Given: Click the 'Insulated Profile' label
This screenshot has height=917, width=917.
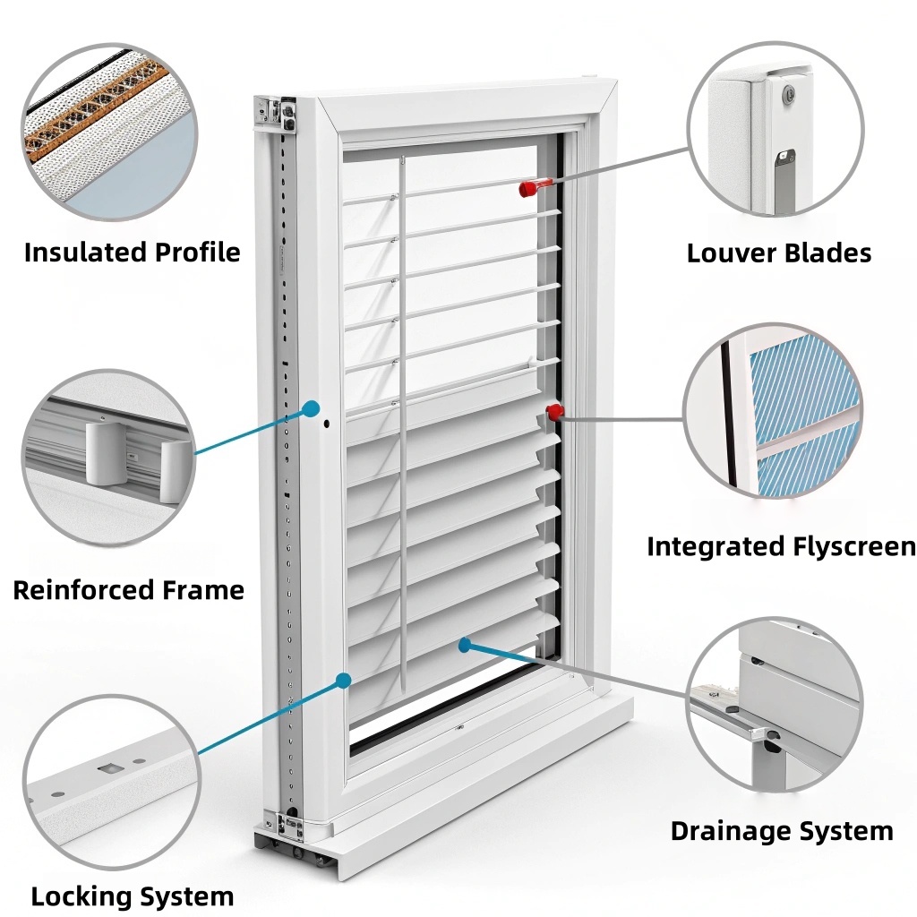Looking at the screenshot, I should (x=132, y=253).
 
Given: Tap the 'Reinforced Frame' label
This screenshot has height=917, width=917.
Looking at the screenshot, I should (x=128, y=590).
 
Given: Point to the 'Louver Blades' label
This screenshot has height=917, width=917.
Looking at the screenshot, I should (x=778, y=253).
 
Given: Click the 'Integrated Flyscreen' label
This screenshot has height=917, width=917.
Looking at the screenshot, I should (x=781, y=546).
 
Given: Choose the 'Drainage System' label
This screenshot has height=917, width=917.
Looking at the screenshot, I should (x=781, y=831).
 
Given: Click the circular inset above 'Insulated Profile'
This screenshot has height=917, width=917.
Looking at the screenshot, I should (x=109, y=131).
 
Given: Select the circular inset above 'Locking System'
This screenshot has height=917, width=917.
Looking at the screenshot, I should (x=109, y=781).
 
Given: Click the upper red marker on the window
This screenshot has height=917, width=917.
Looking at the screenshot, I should (x=528, y=188).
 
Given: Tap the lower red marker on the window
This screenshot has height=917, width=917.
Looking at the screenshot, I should (x=555, y=412).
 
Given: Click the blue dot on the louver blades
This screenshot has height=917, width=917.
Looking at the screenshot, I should (x=464, y=643).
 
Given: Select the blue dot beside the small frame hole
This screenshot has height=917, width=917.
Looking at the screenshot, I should (x=311, y=409).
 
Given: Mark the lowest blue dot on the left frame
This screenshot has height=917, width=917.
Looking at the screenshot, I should (x=343, y=681).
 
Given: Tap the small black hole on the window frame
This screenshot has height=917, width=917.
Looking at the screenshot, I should (x=326, y=422).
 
